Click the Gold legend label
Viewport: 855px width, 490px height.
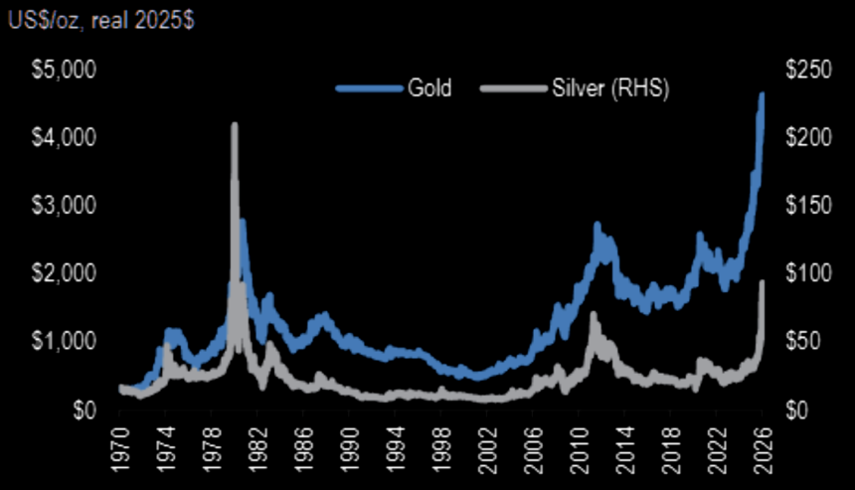tap(429, 87)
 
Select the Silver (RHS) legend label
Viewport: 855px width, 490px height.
tap(609, 87)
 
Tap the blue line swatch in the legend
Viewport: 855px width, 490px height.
tap(368, 88)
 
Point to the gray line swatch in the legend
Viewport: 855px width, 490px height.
tap(511, 88)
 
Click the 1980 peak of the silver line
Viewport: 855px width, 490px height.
tap(235, 125)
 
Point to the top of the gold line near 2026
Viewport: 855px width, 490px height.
tap(762, 94)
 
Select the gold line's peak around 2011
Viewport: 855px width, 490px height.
tap(598, 226)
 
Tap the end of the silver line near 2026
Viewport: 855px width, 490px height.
tap(763, 282)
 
